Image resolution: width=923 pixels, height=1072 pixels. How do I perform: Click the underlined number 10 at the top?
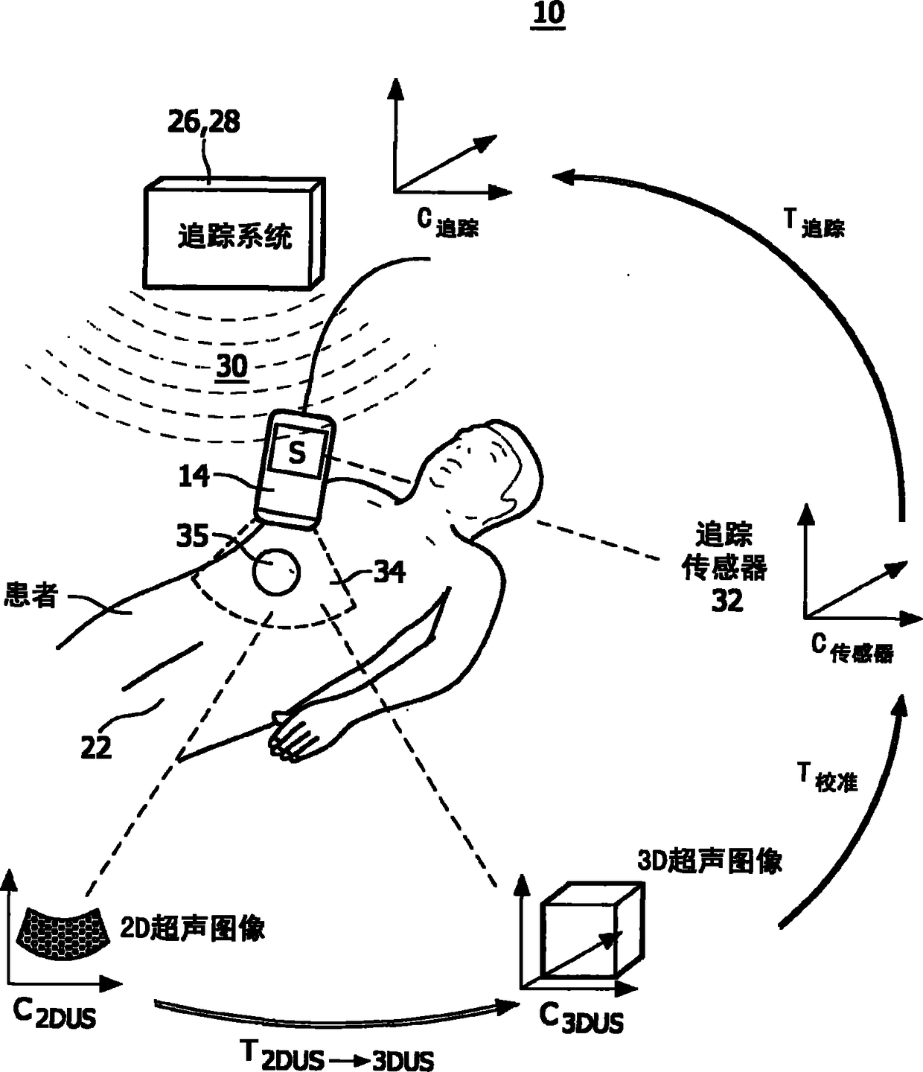pyautogui.click(x=548, y=14)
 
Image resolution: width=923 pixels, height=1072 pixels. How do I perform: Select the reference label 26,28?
pyautogui.click(x=203, y=123)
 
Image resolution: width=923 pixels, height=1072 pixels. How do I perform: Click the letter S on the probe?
pyautogui.click(x=297, y=453)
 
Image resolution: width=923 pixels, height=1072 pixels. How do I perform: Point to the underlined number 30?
pyautogui.click(x=231, y=366)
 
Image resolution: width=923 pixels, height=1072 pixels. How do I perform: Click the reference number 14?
pyautogui.click(x=194, y=476)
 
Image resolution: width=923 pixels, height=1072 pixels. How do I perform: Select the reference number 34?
pyautogui.click(x=389, y=572)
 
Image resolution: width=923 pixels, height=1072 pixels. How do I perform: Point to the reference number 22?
pyautogui.click(x=96, y=747)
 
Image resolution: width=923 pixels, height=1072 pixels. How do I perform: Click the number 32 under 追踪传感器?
pyautogui.click(x=726, y=600)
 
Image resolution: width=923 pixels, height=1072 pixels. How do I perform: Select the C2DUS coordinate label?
pyautogui.click(x=54, y=1013)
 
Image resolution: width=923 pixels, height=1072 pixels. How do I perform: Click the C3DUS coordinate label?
pyautogui.click(x=581, y=1018)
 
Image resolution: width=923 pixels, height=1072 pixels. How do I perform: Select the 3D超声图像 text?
pyautogui.click(x=709, y=861)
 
